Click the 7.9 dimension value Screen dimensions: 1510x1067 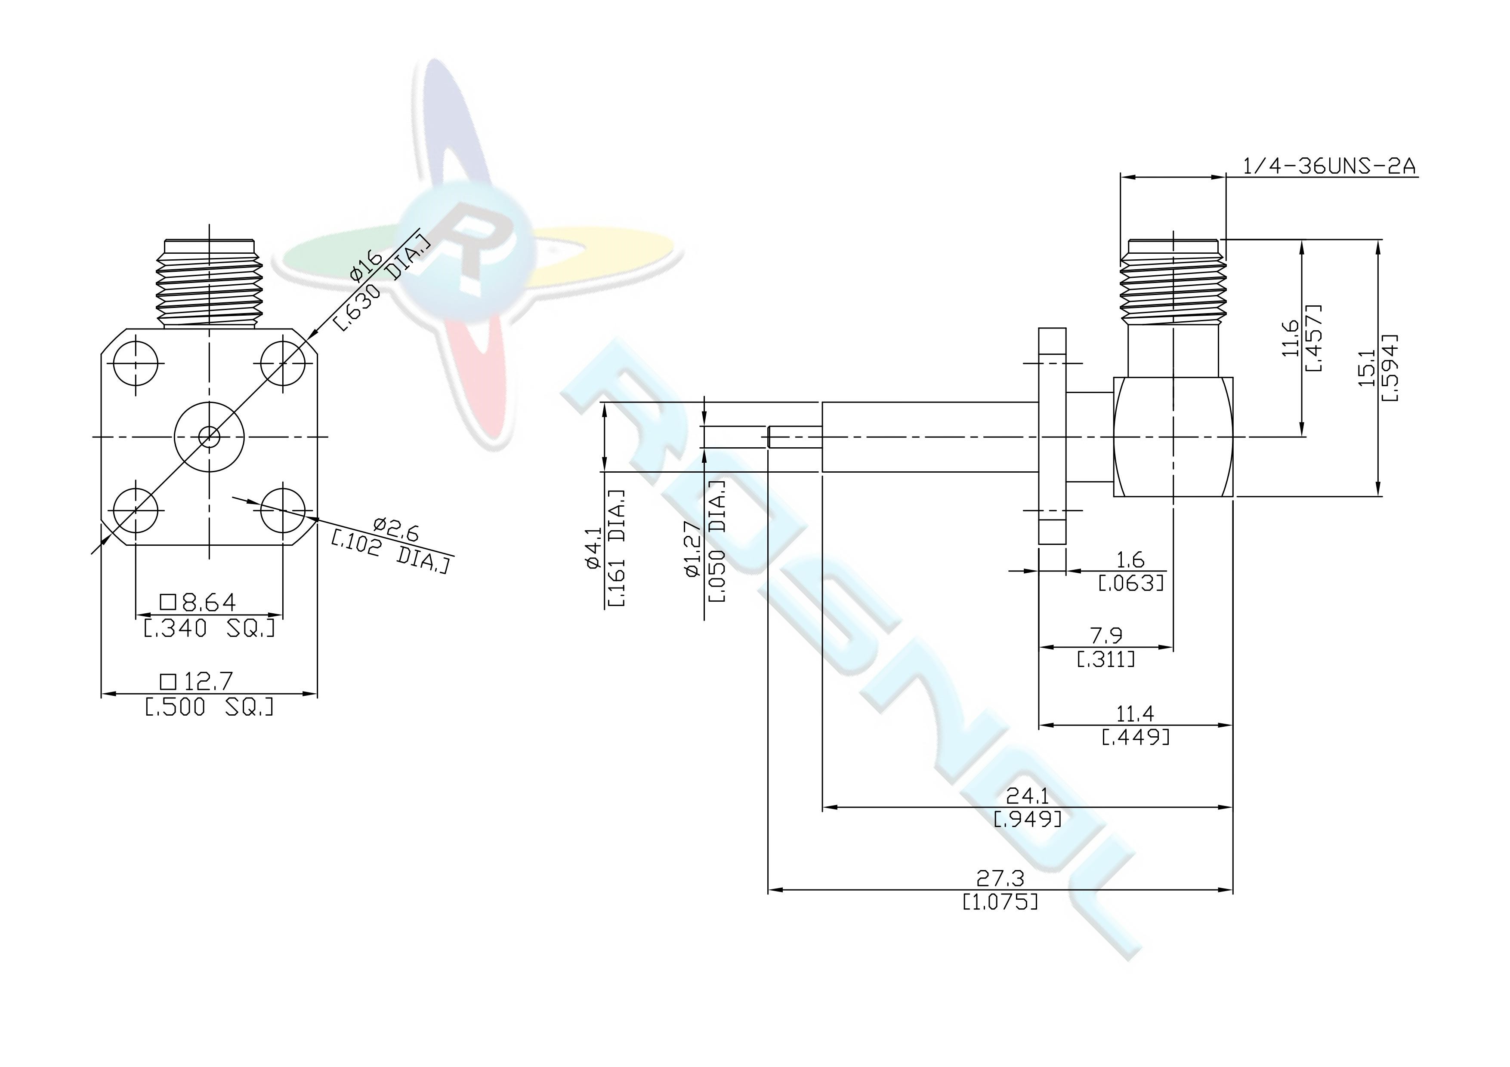point(1106,636)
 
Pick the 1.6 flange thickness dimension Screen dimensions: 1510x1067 point(1130,560)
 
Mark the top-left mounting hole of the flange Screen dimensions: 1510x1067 point(136,362)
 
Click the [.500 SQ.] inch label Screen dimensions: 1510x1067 point(208,707)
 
